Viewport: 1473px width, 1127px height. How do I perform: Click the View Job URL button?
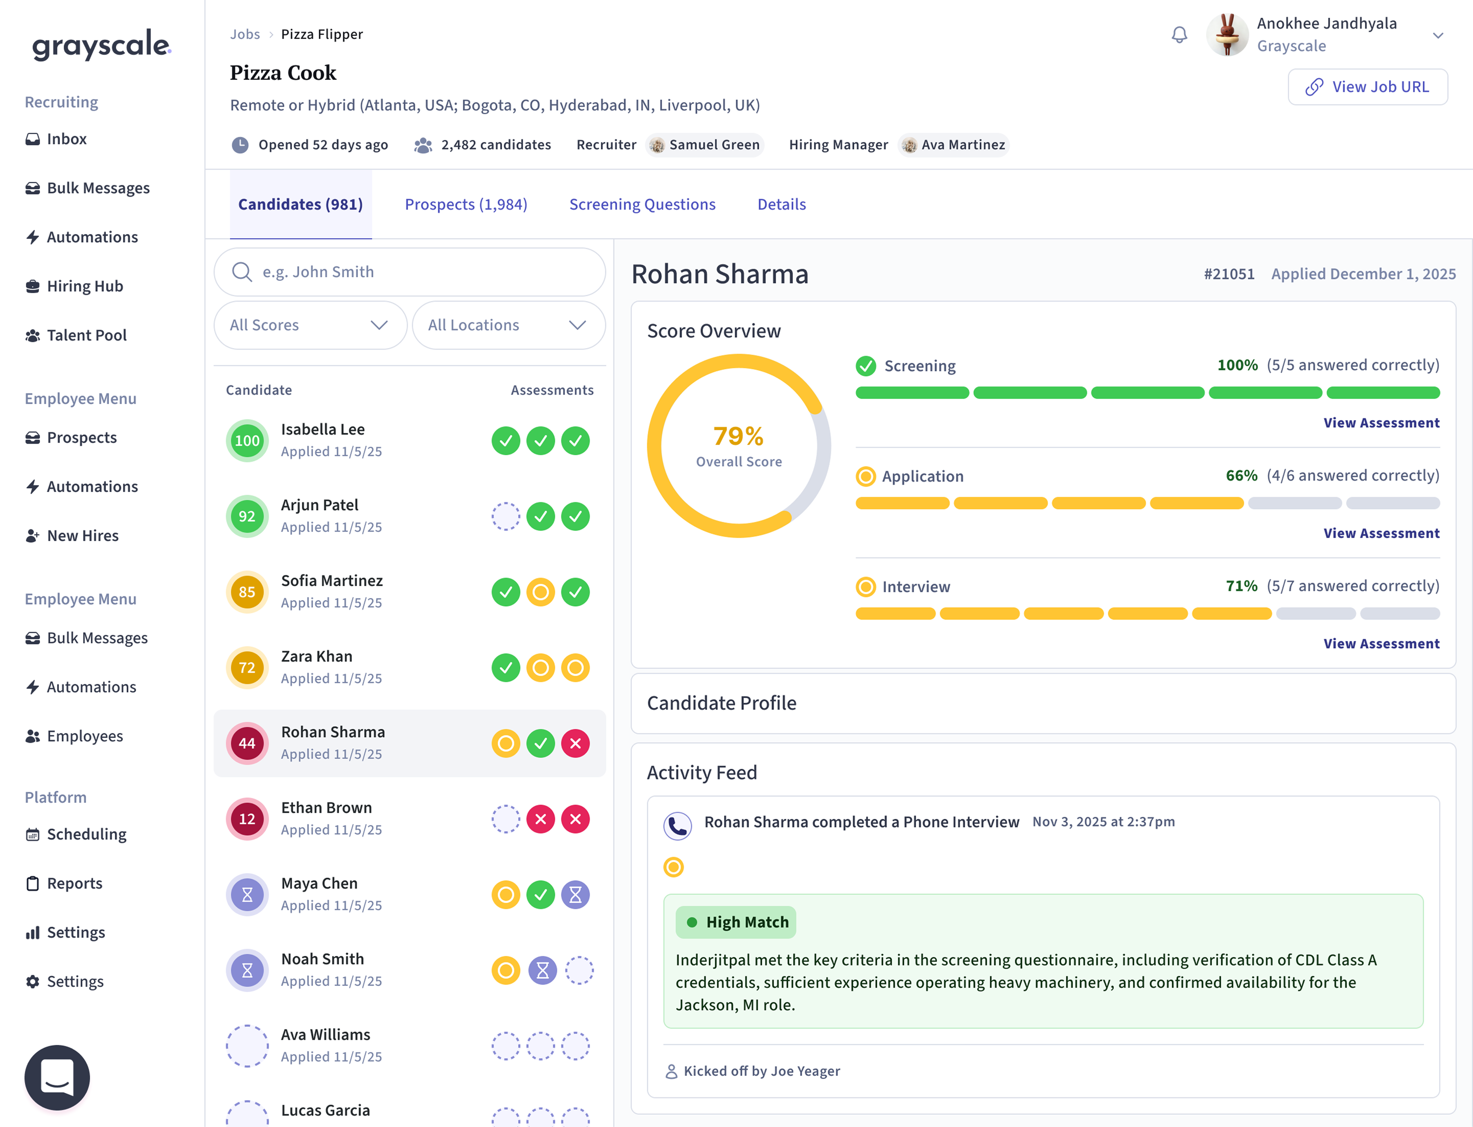[x=1367, y=86]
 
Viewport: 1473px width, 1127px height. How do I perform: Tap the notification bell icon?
[x=1179, y=34]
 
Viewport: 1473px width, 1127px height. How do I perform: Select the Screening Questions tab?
[x=642, y=204]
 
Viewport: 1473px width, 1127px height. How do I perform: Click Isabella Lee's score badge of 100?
[x=247, y=441]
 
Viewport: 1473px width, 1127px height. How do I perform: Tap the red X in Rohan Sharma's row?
[x=575, y=743]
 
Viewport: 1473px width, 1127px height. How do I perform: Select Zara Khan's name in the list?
[x=316, y=656]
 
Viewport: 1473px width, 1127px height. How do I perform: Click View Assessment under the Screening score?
[x=1381, y=423]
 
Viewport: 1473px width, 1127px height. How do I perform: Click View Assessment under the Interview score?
[x=1381, y=643]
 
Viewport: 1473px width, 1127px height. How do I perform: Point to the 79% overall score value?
[x=738, y=436]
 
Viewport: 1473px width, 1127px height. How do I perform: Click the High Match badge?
[x=736, y=923]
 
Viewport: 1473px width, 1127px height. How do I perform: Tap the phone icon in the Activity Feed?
[x=677, y=826]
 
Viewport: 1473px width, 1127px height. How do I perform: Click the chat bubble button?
[x=57, y=1077]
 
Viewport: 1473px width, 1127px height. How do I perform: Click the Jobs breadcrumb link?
[x=245, y=34]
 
